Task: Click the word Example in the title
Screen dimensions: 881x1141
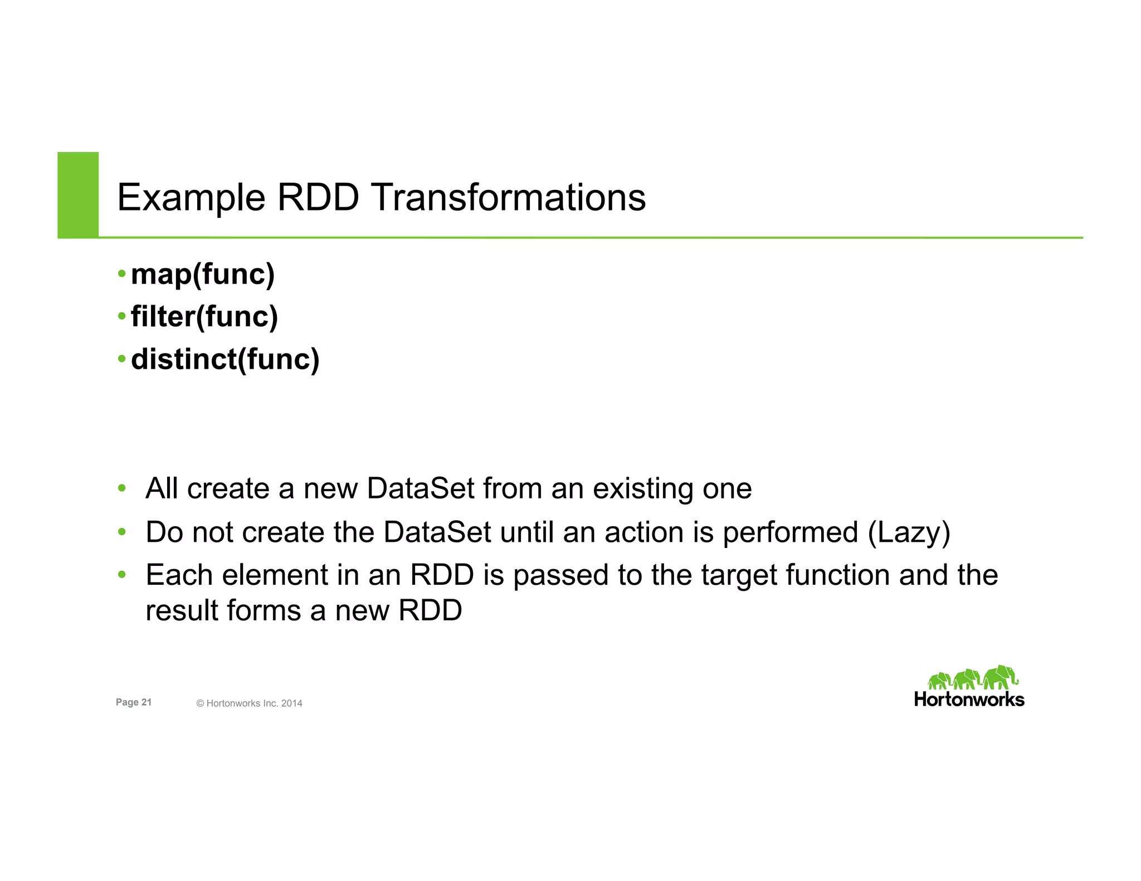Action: coord(191,198)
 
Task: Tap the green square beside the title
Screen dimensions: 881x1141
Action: coord(78,194)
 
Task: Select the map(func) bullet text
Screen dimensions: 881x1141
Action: coord(203,275)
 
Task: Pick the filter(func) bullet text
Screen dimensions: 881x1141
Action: coord(204,317)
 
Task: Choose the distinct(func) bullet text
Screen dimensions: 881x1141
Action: coord(225,359)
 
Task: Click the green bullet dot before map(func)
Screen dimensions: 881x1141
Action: coord(122,274)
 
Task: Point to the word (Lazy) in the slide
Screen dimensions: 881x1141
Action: coord(909,532)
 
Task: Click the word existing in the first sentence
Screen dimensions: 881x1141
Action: coord(642,489)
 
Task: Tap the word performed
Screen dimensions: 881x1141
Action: coord(790,532)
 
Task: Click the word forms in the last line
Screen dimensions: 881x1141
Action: coord(265,610)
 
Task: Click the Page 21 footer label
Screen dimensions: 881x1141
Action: coord(133,702)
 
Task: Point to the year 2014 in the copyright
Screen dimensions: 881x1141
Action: coord(291,703)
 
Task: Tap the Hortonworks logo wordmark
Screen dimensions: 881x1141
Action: coord(969,699)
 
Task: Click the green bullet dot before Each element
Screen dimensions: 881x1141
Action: coord(122,574)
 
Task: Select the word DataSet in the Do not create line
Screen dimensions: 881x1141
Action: coord(437,532)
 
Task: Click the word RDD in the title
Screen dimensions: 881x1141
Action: coord(318,198)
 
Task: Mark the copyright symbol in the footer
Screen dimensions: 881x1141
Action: coord(200,703)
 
